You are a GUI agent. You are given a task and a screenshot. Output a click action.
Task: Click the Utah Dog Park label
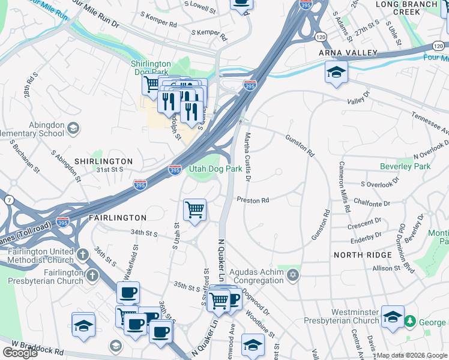[215, 169]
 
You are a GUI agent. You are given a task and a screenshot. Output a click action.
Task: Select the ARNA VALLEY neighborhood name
[348, 53]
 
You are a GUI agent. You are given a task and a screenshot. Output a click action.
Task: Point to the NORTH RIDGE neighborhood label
[363, 255]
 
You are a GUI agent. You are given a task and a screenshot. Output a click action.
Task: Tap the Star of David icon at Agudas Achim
[293, 275]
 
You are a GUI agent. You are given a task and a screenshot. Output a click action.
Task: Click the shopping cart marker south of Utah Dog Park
[194, 210]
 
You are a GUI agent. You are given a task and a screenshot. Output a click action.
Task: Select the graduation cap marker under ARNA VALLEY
[337, 73]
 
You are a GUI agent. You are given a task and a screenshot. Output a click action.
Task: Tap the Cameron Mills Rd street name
[344, 187]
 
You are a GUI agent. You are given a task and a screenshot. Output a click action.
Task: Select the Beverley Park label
[405, 166]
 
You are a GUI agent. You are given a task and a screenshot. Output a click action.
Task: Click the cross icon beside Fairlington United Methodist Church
[83, 256]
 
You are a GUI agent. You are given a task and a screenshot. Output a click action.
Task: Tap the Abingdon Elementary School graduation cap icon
[73, 128]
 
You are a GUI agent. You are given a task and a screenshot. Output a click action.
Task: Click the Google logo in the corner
[20, 353]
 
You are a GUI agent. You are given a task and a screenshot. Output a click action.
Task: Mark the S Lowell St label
[200, 5]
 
